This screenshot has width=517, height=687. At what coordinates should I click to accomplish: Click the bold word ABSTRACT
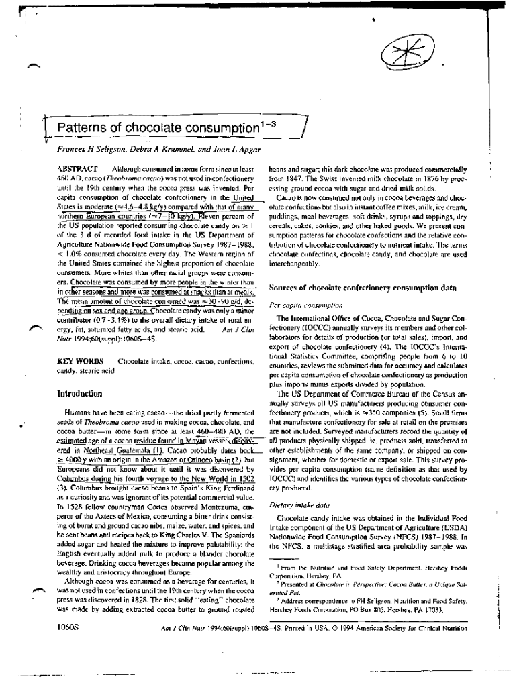[x=77, y=168]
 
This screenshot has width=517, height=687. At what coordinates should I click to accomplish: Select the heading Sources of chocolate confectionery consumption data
[x=363, y=287]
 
